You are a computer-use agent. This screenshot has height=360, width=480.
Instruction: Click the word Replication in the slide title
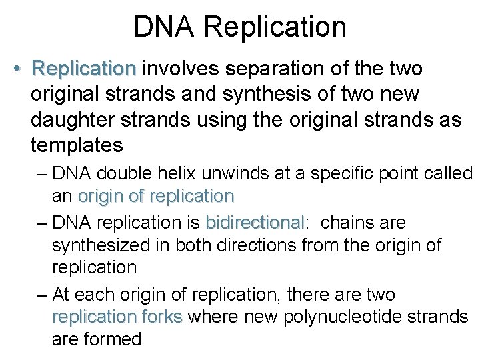(275, 27)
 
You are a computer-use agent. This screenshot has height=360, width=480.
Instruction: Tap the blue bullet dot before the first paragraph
(19, 69)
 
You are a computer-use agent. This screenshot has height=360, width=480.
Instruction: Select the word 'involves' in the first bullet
(181, 69)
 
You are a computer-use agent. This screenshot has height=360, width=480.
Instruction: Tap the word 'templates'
(77, 145)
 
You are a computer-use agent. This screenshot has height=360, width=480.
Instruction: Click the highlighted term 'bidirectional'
(255, 222)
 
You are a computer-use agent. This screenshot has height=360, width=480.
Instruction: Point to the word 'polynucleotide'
(345, 316)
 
